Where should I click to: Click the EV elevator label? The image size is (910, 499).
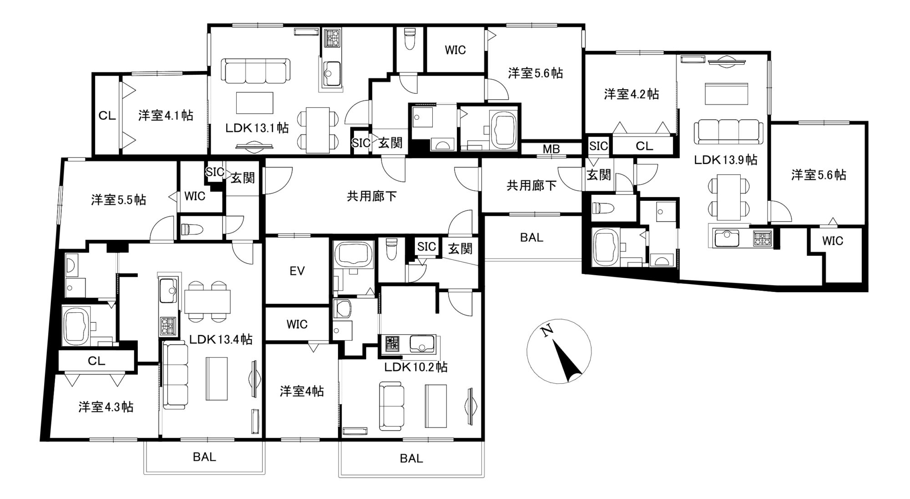(x=297, y=271)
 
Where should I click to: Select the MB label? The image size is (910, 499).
(x=551, y=149)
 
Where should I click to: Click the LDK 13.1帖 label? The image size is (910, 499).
(x=257, y=128)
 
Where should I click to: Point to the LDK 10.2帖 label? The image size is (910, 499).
(x=416, y=367)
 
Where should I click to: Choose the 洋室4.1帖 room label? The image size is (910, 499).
(x=166, y=115)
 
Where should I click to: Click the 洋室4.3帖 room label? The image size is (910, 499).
(x=106, y=407)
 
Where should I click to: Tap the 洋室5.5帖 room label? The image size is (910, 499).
(x=119, y=200)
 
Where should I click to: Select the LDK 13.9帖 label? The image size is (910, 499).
(x=726, y=160)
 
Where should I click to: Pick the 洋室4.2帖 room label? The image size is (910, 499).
(x=632, y=94)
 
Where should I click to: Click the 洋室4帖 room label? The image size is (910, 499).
(x=302, y=391)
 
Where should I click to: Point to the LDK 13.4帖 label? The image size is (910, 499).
(x=221, y=339)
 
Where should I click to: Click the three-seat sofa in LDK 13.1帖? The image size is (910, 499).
(x=256, y=71)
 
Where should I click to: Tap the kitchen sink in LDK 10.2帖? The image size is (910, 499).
(x=422, y=344)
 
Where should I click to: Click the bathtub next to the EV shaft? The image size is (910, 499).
(x=353, y=254)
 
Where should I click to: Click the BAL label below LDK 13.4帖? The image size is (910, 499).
(x=204, y=457)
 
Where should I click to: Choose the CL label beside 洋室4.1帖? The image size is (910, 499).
(x=107, y=116)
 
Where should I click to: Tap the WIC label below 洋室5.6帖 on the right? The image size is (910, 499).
(x=833, y=241)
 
